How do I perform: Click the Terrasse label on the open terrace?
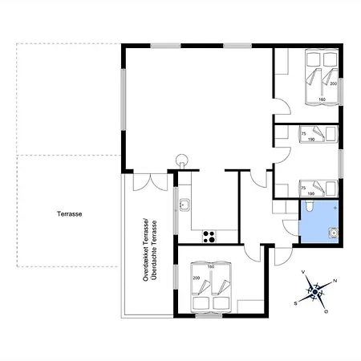coord(69,214)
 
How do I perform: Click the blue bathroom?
coord(318,221)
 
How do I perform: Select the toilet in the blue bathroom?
coord(310,205)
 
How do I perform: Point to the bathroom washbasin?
coord(334,233)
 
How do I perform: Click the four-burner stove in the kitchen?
coord(209,237)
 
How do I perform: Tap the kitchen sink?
coord(185,205)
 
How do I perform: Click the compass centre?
coord(315,292)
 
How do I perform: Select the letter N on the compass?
coord(335,281)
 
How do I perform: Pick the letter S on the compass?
coord(296,303)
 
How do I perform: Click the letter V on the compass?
coord(303,272)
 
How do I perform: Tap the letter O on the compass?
coord(327,311)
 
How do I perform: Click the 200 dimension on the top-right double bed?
coord(333,83)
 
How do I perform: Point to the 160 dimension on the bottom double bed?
coord(211,266)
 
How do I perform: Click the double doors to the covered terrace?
coord(150,182)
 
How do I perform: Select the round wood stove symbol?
coord(182,160)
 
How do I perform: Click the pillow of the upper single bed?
coord(331,134)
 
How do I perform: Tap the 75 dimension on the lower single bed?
coord(303,189)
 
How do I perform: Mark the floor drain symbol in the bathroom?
coord(335,208)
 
